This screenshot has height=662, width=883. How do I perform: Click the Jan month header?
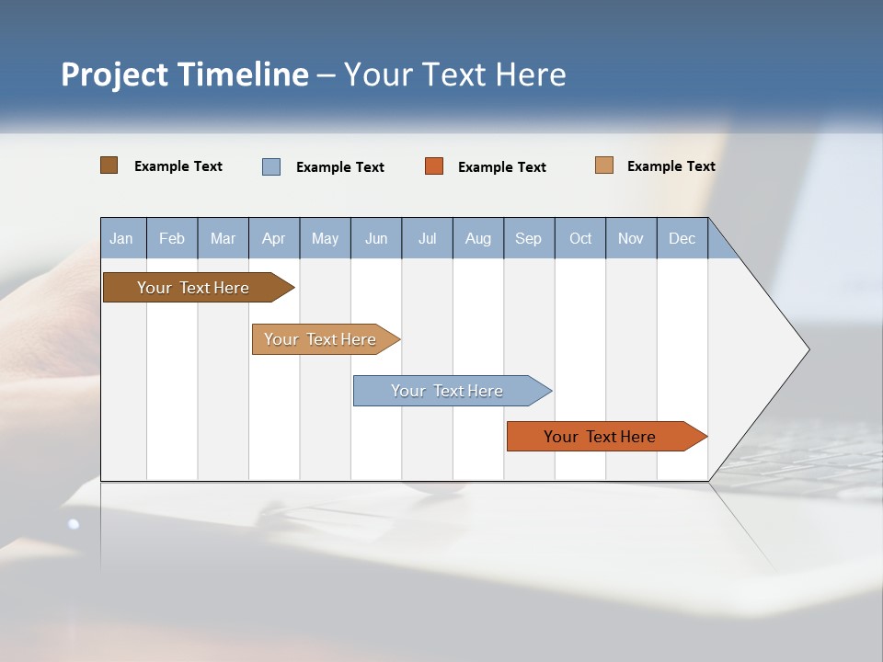[122, 238]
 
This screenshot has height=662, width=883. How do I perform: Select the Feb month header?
[172, 238]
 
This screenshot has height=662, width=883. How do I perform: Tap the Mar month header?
[223, 238]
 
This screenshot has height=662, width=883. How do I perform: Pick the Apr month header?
[274, 238]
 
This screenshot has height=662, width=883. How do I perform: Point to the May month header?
[325, 238]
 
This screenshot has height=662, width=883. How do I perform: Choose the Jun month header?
[376, 238]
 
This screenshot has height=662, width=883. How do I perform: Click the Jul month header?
[427, 238]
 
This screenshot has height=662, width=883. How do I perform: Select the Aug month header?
[478, 238]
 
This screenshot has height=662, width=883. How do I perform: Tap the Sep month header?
[529, 238]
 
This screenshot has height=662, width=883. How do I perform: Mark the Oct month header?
[580, 238]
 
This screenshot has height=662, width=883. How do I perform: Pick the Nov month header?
[631, 238]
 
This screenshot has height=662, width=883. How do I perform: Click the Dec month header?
[682, 238]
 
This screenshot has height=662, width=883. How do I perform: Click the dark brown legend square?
[109, 165]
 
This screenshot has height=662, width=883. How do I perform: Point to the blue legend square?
[271, 166]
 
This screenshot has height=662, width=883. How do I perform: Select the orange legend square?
[434, 166]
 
